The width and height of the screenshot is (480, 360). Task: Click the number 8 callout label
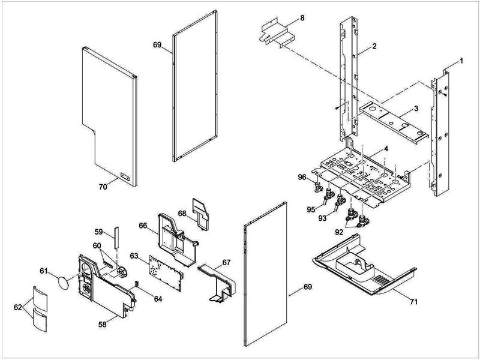point(302,17)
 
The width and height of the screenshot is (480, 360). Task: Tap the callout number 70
point(103,187)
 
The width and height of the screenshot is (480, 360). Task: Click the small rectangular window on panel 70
point(125,176)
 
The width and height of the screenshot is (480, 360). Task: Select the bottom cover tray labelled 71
point(360,267)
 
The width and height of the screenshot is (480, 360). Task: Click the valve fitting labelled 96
point(317,188)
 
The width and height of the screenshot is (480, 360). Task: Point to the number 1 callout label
point(461,61)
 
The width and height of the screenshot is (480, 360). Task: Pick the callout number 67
point(226,262)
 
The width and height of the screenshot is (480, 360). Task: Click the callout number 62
point(18,307)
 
